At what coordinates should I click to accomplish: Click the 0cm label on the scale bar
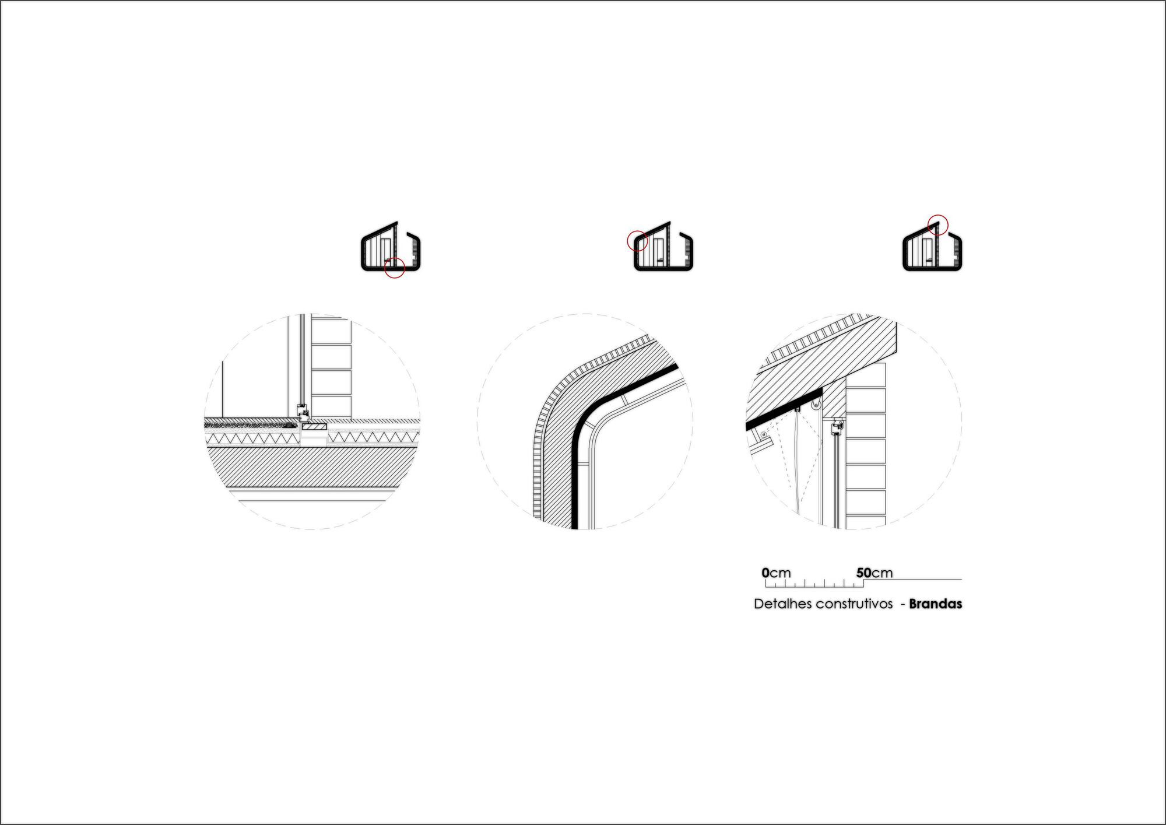776,573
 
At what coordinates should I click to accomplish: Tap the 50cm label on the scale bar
874,573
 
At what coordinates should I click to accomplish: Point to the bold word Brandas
935,604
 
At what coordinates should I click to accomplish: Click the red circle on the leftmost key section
395,268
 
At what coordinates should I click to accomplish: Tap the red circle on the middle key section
637,241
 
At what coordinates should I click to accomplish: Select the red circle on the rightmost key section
938,224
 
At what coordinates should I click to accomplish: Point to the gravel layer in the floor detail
245,424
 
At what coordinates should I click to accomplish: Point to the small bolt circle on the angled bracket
764,434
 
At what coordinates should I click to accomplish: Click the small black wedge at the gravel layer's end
290,425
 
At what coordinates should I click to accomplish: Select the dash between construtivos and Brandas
902,604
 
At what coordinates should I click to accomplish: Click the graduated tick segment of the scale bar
814,582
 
